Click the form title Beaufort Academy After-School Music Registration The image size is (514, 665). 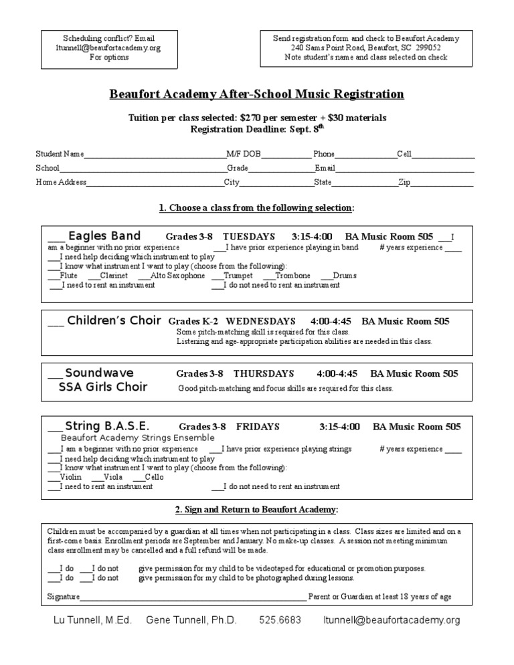coord(256,94)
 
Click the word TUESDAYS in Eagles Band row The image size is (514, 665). coord(249,237)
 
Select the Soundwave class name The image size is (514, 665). coord(99,373)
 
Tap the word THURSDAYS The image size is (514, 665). coord(264,373)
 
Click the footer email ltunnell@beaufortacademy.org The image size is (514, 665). coord(392,620)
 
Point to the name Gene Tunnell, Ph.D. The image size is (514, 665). coord(191,620)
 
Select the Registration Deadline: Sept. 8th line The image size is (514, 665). coord(256,129)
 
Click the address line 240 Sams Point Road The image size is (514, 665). coord(366,48)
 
